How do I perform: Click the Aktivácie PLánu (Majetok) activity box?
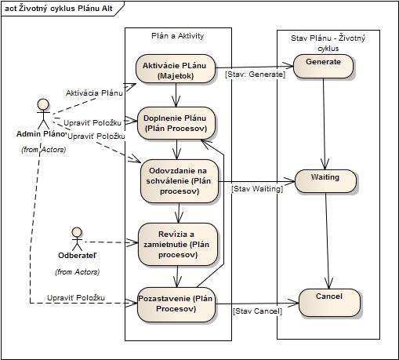(x=176, y=69)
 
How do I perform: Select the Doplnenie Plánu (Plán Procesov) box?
(x=176, y=123)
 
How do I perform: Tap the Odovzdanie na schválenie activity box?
(x=180, y=181)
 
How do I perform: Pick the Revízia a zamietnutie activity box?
(x=178, y=245)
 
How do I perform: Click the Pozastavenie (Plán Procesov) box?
(x=176, y=304)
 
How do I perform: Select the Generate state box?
(x=323, y=66)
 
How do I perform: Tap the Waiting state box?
(x=325, y=181)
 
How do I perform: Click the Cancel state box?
(x=329, y=303)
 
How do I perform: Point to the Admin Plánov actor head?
(x=43, y=104)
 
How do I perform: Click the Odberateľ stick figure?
(x=77, y=238)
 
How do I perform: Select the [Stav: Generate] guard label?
(x=255, y=75)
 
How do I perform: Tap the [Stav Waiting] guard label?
(x=257, y=189)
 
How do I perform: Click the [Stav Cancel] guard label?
(x=257, y=311)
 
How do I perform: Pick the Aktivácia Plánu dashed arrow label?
(x=94, y=93)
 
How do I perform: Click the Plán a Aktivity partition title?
(x=178, y=36)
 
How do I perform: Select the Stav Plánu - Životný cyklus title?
(x=328, y=43)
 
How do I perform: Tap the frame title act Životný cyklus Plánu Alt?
(x=59, y=9)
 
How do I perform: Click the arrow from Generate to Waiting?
(x=324, y=124)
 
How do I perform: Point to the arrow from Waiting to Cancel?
(x=327, y=241)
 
